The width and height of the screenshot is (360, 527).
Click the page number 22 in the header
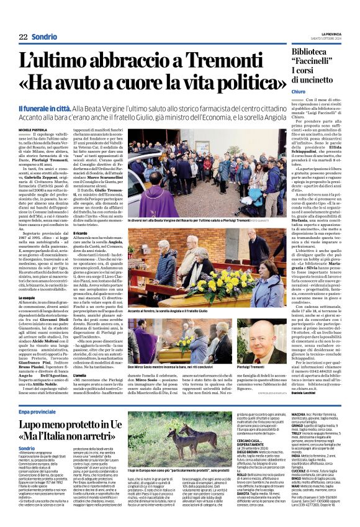[23, 37]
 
